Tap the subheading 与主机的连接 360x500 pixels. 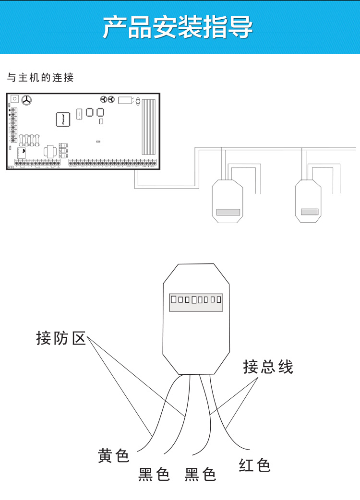41,77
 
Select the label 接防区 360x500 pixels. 61,338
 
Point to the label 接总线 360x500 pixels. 268,367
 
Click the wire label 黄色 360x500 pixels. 114,455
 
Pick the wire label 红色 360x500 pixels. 255,465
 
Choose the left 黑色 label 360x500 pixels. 154,475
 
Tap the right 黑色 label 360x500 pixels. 201,475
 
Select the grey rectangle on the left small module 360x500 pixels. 228,212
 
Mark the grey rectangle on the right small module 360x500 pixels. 309,212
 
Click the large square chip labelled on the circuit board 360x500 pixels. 63,119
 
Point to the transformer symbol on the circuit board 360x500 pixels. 49,152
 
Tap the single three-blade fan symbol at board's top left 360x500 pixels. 25,100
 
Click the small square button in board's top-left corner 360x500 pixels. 14,98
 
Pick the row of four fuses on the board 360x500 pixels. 29,140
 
